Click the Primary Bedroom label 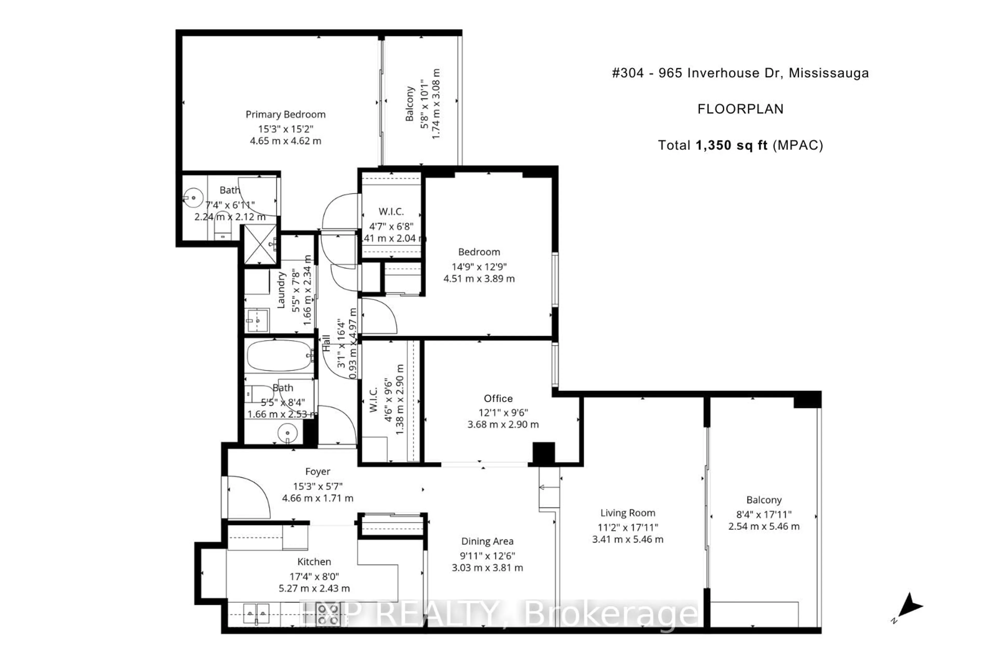[285, 114]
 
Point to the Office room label [498, 398]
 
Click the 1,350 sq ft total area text [731, 145]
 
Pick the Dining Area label [487, 541]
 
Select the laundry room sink [257, 321]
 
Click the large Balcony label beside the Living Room [764, 500]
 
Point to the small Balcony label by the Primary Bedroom [409, 104]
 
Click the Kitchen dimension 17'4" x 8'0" [314, 576]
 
